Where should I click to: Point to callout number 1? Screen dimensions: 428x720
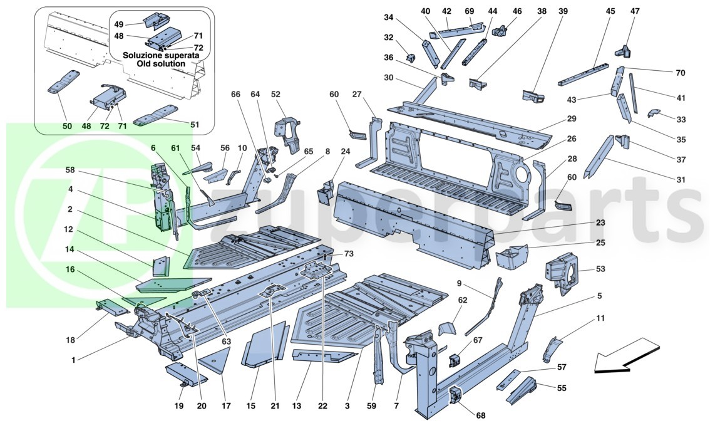[x=74, y=360]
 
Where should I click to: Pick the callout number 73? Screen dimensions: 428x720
[x=349, y=253]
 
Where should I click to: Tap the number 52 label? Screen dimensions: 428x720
[x=275, y=95]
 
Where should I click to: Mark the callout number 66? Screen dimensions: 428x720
[x=235, y=95]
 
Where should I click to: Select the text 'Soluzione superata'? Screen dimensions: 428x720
[x=162, y=55]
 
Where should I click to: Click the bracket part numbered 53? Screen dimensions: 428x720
[x=562, y=271]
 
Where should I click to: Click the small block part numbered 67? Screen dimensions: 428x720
[x=455, y=360]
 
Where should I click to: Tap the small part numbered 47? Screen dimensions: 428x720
[x=624, y=51]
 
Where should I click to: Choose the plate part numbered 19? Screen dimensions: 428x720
[x=184, y=375]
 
